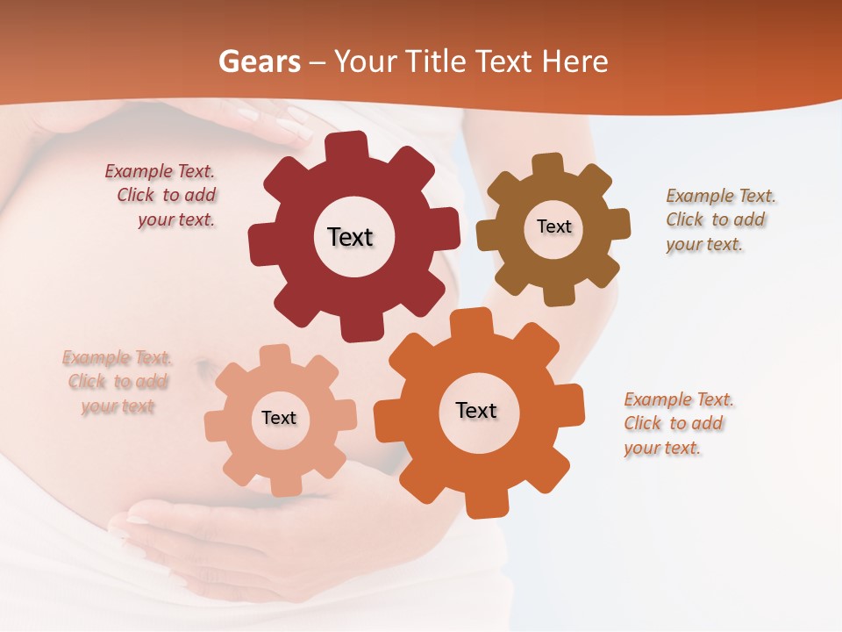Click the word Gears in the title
point(259,61)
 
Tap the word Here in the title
point(575,61)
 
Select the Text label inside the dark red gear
point(350,237)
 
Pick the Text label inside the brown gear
point(553,226)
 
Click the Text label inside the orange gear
point(476,410)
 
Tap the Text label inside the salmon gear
point(279,418)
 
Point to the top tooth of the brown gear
point(548,165)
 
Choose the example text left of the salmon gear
point(118,382)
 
